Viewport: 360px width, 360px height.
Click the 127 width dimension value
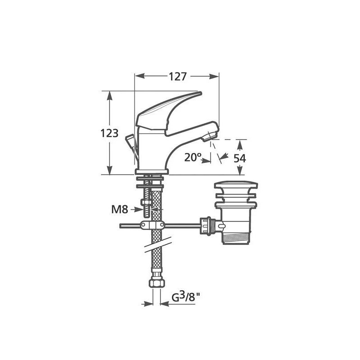coord(178,76)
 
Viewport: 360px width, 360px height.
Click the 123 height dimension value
coord(109,133)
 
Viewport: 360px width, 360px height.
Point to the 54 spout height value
coord(240,158)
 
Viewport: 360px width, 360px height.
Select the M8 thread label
coord(120,209)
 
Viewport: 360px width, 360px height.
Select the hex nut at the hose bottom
coord(157,283)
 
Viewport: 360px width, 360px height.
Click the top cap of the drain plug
coord(235,185)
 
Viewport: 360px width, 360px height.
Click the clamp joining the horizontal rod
coord(151,225)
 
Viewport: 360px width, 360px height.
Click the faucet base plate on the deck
coord(152,172)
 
